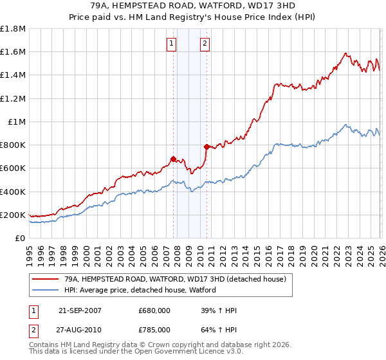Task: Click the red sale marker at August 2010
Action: [207, 147]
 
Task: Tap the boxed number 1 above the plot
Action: [172, 44]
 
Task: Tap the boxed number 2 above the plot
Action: [205, 44]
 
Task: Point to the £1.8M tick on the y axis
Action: [13, 29]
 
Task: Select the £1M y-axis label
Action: [16, 122]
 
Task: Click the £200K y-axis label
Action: [13, 215]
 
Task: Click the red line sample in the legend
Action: [46, 280]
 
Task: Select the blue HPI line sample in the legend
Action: [46, 291]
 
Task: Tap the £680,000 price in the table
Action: [154, 311]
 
